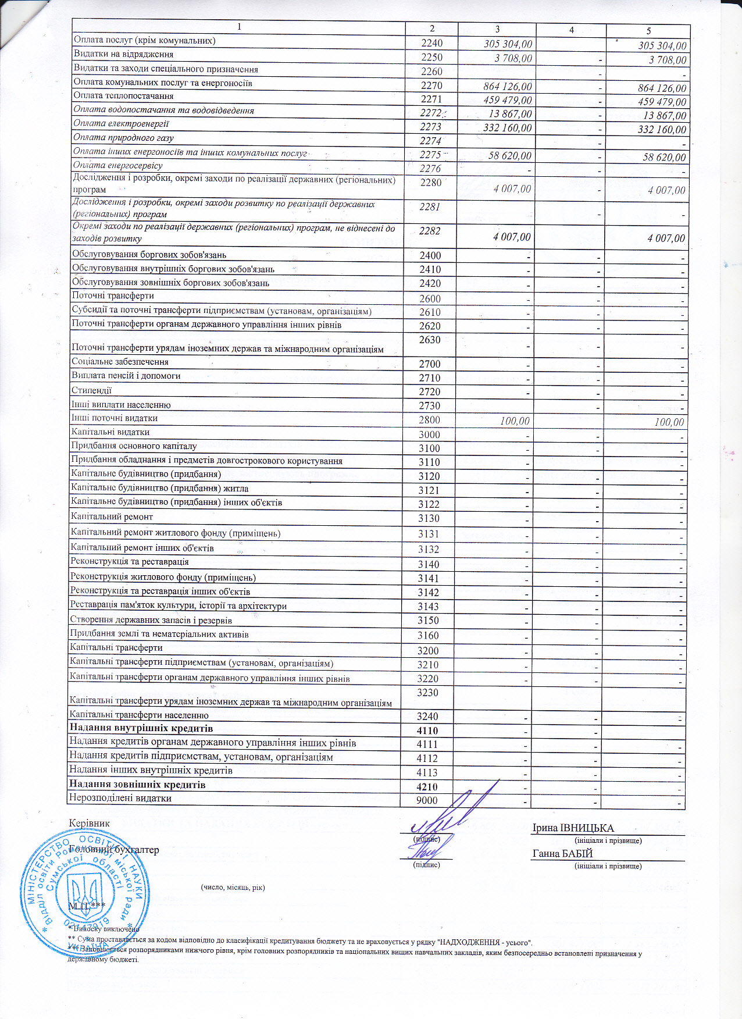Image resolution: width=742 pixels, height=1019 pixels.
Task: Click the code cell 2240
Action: pyautogui.click(x=431, y=43)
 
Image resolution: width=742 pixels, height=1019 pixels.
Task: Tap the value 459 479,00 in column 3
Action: pyautogui.click(x=507, y=100)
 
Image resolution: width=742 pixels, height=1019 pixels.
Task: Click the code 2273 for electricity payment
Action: pyautogui.click(x=431, y=127)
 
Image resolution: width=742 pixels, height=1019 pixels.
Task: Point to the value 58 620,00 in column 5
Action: pyautogui.click(x=664, y=157)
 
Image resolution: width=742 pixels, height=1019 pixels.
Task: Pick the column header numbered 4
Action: pyautogui.click(x=571, y=30)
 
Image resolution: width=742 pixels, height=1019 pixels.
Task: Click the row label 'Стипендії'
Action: pyautogui.click(x=91, y=390)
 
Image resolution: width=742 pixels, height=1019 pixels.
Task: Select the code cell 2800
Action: pyautogui.click(x=430, y=420)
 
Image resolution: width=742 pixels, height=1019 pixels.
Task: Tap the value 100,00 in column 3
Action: pyautogui.click(x=515, y=421)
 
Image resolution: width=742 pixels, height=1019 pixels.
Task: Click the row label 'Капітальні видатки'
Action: pyautogui.click(x=110, y=432)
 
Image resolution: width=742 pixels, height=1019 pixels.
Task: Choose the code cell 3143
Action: pyautogui.click(x=429, y=607)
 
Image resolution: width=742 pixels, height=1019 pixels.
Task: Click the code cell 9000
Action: pyautogui.click(x=427, y=800)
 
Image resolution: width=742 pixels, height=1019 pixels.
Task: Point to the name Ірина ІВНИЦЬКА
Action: pyautogui.click(x=573, y=828)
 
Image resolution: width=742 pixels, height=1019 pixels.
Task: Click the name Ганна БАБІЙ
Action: pyautogui.click(x=562, y=854)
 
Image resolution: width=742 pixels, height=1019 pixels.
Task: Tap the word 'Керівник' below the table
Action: pyautogui.click(x=89, y=823)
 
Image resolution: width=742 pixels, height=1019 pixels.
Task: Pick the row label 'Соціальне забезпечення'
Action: pyautogui.click(x=120, y=362)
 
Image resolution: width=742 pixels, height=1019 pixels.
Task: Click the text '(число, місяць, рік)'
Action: pyautogui.click(x=233, y=887)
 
